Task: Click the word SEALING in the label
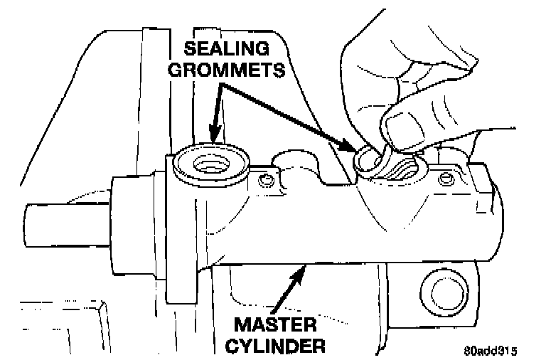click(x=227, y=50)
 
